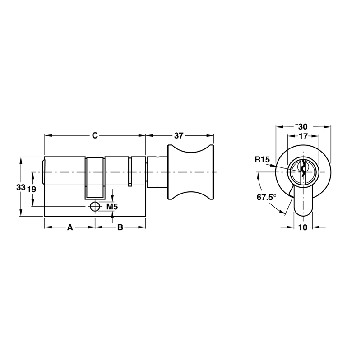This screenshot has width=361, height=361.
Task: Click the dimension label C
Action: click(95, 135)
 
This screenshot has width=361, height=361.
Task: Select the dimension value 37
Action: click(179, 135)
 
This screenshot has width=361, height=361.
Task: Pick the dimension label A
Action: click(70, 227)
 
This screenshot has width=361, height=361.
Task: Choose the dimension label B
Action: click(120, 227)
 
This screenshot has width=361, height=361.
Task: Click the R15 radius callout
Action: click(262, 160)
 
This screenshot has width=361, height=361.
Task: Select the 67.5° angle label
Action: click(266, 197)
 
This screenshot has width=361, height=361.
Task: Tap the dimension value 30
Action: click(303, 127)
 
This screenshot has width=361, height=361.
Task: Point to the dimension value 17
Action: click(303, 136)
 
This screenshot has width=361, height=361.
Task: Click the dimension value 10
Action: click(303, 227)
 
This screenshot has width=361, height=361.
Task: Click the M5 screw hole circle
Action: click(95, 207)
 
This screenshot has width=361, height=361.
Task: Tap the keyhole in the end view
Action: click(303, 170)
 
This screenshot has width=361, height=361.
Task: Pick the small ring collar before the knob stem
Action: click(130, 171)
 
